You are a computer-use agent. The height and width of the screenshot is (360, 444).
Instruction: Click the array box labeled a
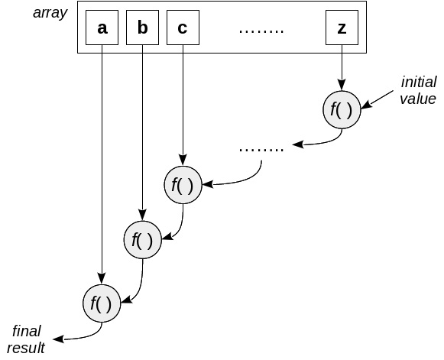click(102, 28)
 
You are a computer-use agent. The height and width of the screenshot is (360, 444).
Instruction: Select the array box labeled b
click(142, 28)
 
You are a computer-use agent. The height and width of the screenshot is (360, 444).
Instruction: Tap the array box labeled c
click(182, 28)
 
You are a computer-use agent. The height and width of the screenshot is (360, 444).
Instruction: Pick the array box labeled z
click(341, 28)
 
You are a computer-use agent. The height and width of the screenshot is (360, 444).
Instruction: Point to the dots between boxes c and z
click(261, 31)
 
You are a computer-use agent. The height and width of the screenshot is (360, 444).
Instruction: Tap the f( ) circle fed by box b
click(142, 240)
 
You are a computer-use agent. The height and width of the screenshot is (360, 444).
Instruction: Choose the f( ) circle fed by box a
click(102, 303)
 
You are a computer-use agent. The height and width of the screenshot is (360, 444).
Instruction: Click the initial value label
click(417, 90)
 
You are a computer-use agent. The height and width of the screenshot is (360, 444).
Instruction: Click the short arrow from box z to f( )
click(341, 69)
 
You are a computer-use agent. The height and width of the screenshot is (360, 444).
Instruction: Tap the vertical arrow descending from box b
click(142, 130)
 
